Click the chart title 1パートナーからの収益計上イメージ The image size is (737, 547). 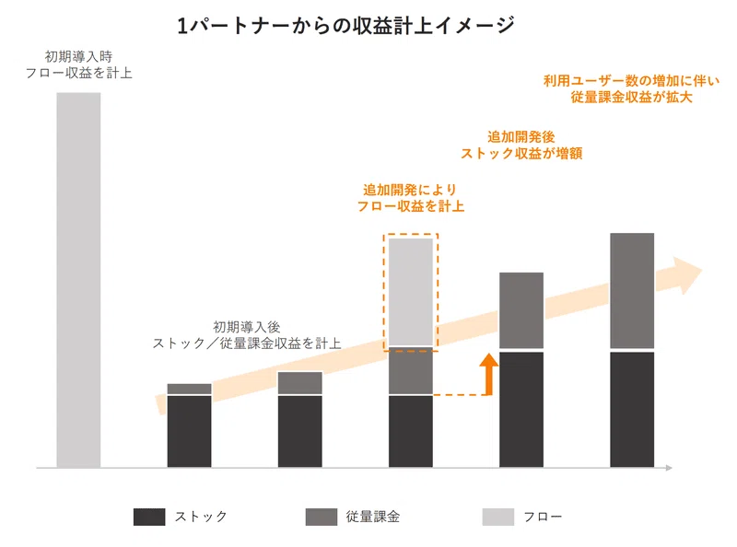click(346, 26)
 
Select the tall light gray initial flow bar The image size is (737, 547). click(78, 280)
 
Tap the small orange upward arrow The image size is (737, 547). click(489, 374)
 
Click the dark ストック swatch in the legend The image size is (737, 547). click(149, 517)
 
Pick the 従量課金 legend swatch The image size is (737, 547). click(321, 517)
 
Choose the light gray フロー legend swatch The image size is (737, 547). click(497, 517)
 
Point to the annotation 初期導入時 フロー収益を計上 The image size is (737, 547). click(78, 64)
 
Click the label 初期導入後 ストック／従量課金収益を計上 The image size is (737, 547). click(247, 335)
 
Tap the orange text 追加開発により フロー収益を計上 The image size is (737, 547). click(410, 198)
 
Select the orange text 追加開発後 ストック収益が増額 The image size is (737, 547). click(521, 145)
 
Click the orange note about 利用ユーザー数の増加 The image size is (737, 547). click(631, 88)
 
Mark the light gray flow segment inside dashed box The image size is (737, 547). click(411, 292)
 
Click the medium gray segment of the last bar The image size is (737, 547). click(632, 291)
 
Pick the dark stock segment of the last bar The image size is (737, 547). click(632, 409)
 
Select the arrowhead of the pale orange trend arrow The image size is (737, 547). click(687, 275)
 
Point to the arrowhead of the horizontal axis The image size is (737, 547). click(669, 468)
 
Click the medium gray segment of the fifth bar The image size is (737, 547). click(521, 310)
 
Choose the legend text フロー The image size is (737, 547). click(543, 517)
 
